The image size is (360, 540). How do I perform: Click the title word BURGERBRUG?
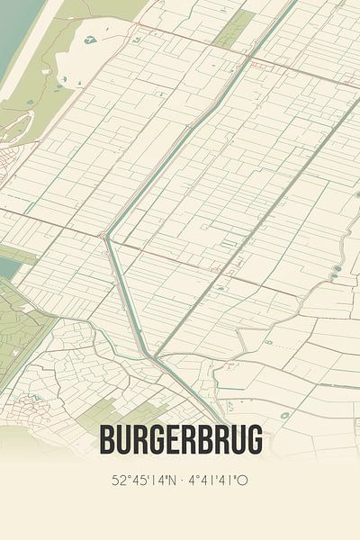[x=181, y=440]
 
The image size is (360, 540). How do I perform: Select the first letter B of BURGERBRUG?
[x=109, y=440]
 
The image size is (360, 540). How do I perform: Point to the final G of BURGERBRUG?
[x=255, y=440]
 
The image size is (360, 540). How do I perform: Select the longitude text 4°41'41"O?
[x=217, y=480]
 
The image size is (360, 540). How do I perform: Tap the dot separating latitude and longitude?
[x=183, y=480]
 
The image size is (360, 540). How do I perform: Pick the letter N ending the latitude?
[x=172, y=480]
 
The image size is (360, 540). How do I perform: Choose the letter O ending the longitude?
[x=243, y=480]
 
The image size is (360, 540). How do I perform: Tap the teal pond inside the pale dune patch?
[x=90, y=40]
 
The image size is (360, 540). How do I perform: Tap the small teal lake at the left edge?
[x=7, y=265]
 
